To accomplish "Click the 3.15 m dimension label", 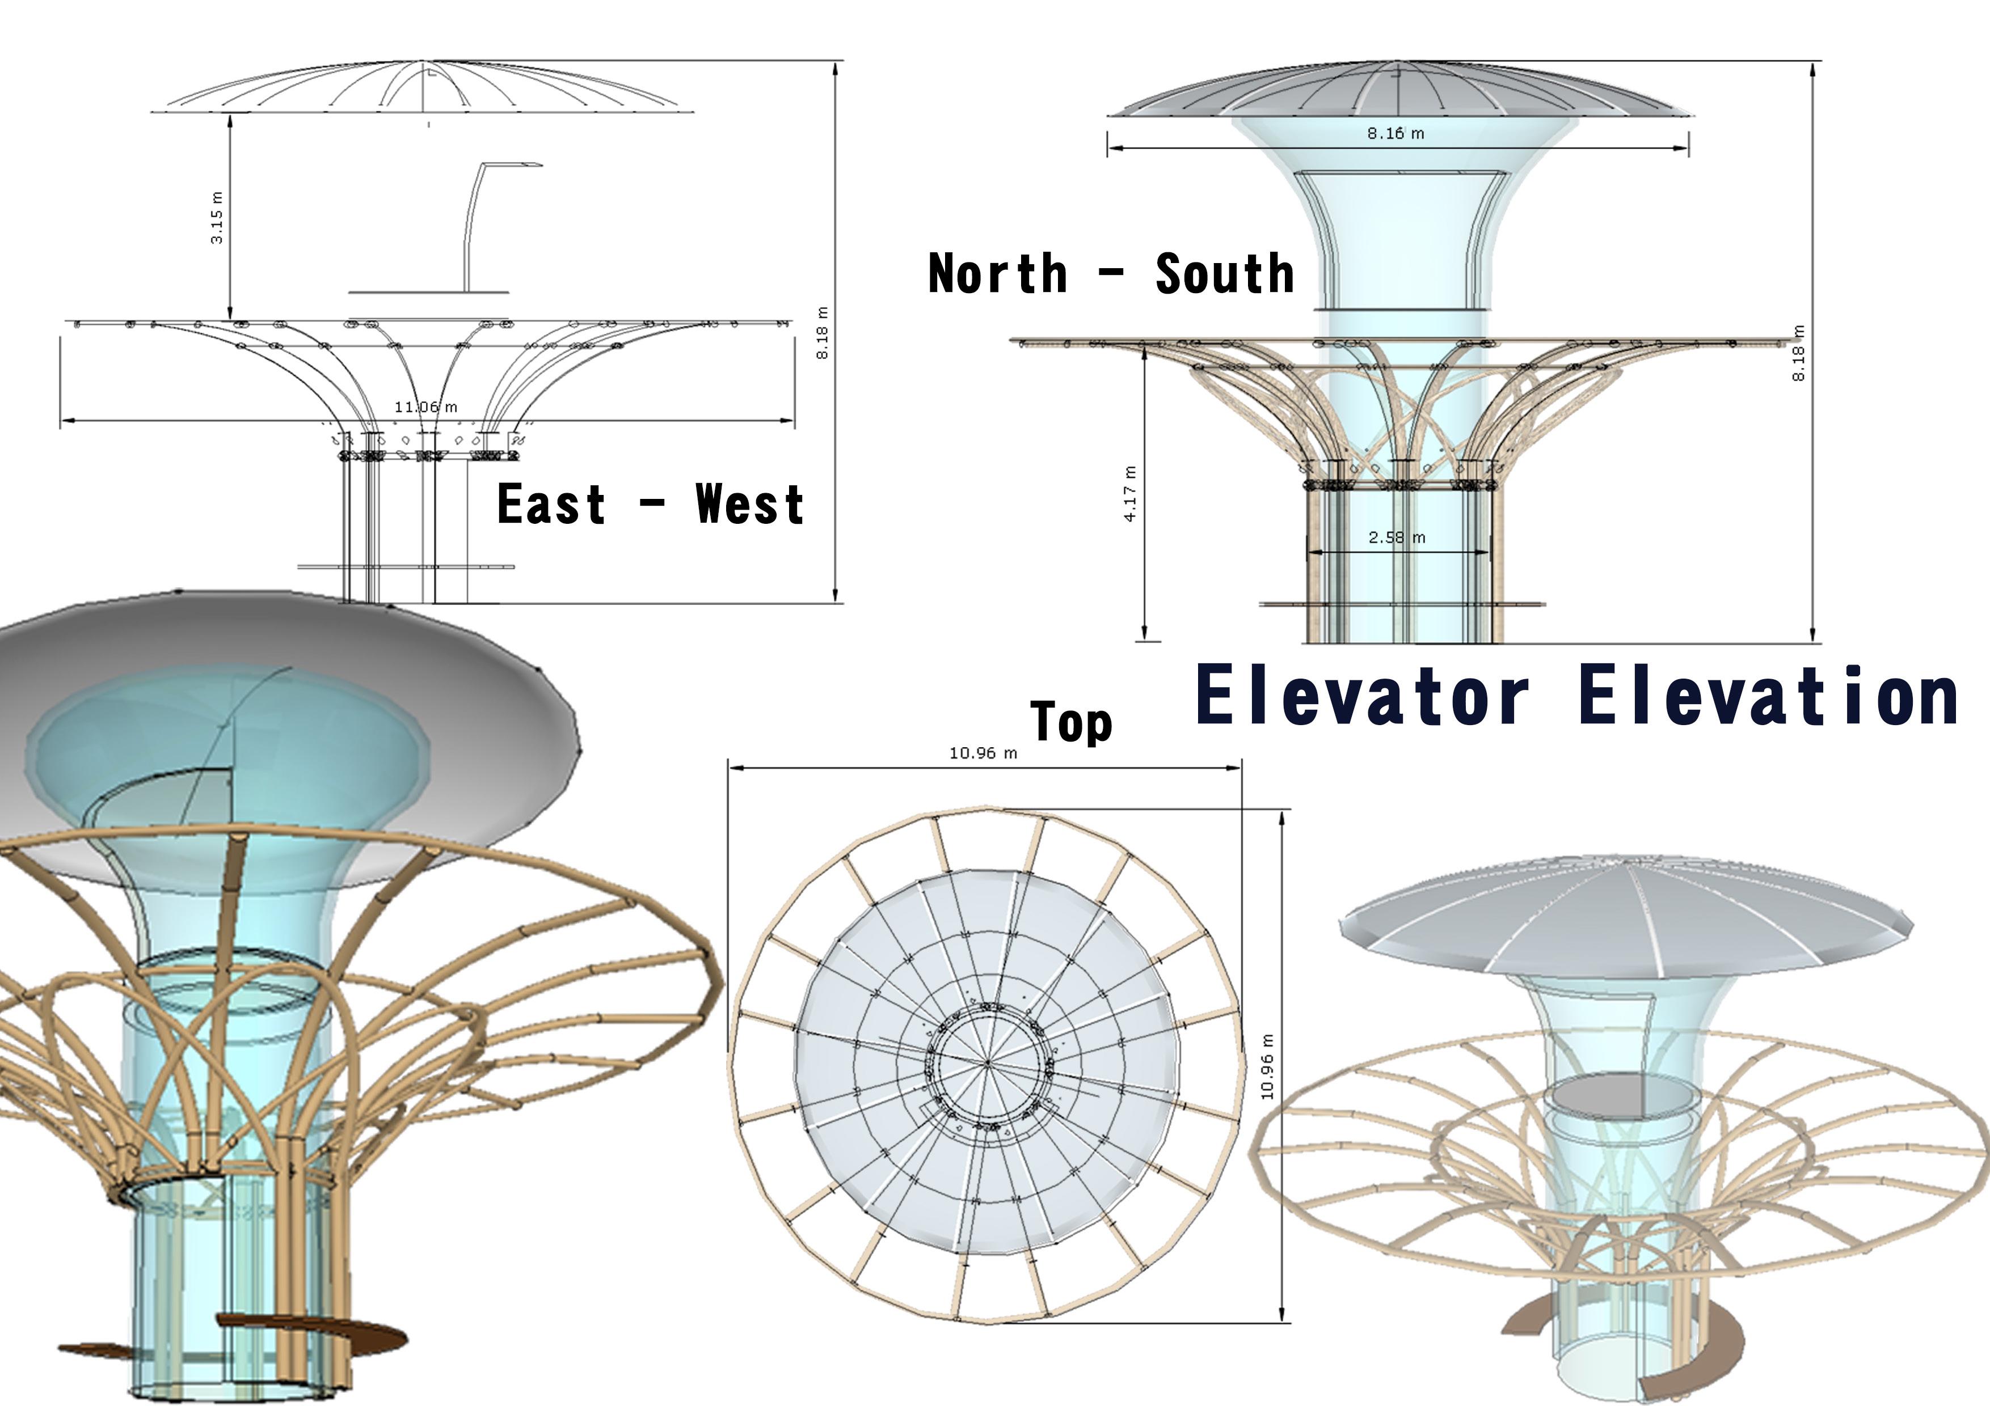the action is [217, 218].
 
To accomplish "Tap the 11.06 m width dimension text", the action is [425, 406].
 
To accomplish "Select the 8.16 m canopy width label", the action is [1395, 133].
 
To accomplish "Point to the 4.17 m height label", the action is [1129, 494].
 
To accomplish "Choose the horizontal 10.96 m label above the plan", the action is [983, 753].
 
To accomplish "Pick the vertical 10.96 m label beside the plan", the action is [1267, 1066].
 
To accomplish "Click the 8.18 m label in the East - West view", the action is [823, 333].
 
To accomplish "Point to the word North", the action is [998, 274].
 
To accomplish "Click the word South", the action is [1225, 274].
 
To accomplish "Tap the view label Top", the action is [1071, 722].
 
